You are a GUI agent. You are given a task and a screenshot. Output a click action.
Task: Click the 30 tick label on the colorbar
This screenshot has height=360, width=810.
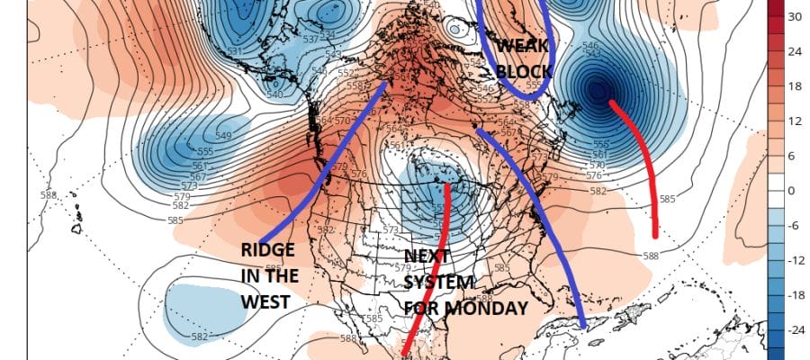795,16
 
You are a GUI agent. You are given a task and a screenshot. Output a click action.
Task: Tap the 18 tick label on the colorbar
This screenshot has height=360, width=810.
795,85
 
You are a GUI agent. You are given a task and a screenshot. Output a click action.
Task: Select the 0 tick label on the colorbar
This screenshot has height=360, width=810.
792,191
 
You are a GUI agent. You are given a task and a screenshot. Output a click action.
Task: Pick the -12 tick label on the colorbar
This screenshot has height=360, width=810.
795,260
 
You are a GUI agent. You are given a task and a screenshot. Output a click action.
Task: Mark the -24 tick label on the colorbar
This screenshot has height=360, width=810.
795,330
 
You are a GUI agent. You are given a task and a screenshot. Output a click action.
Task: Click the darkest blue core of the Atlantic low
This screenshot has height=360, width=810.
596,90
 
